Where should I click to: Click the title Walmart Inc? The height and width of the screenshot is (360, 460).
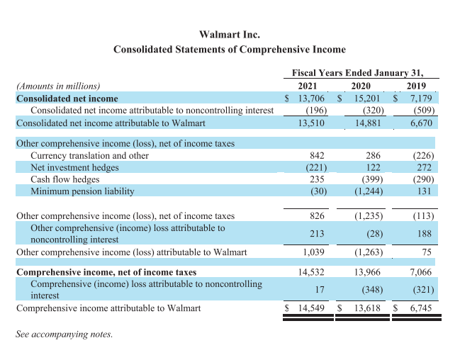coord(230,34)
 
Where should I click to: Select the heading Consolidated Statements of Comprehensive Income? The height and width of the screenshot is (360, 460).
coord(230,50)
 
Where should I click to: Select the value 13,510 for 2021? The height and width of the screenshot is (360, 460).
coord(313,123)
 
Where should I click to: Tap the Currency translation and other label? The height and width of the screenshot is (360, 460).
coord(89,156)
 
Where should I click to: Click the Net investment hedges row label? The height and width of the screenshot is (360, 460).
coord(74,168)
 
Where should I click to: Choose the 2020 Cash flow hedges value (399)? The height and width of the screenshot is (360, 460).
coord(369,180)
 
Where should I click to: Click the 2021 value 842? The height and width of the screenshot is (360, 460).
coord(317,156)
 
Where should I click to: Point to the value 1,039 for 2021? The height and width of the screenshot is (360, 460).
coord(313,252)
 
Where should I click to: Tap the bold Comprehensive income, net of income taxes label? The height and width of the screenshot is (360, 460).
coord(106,272)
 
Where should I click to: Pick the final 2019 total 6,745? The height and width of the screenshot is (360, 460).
coord(422,308)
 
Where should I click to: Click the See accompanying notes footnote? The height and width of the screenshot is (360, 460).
coord(64,334)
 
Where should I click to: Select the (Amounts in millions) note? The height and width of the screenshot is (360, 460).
coord(58,86)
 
